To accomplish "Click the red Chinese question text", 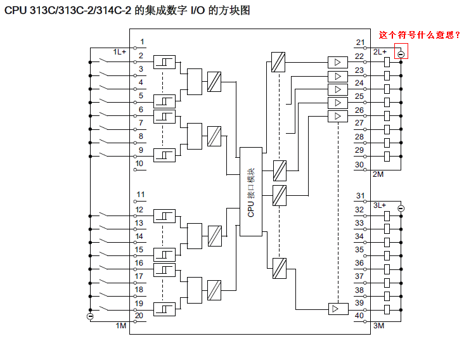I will (419, 35).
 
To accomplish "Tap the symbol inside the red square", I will (401, 54).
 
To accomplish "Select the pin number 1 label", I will (141, 42).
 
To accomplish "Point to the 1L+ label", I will (120, 51).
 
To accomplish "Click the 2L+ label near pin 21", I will (380, 51).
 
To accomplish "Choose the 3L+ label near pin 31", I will (379, 205).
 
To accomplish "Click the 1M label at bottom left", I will (121, 325).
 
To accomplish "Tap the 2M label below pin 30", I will (378, 174).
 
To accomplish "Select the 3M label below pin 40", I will (378, 326).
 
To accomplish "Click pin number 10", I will (139, 164).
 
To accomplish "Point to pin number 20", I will (139, 315).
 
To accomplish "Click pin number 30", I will (359, 165).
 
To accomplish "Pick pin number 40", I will (359, 316).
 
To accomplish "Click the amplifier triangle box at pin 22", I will (338, 62).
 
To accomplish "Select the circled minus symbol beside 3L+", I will (401, 208).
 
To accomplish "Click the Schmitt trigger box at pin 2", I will (164, 62).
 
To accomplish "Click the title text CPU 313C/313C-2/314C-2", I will (68, 11).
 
